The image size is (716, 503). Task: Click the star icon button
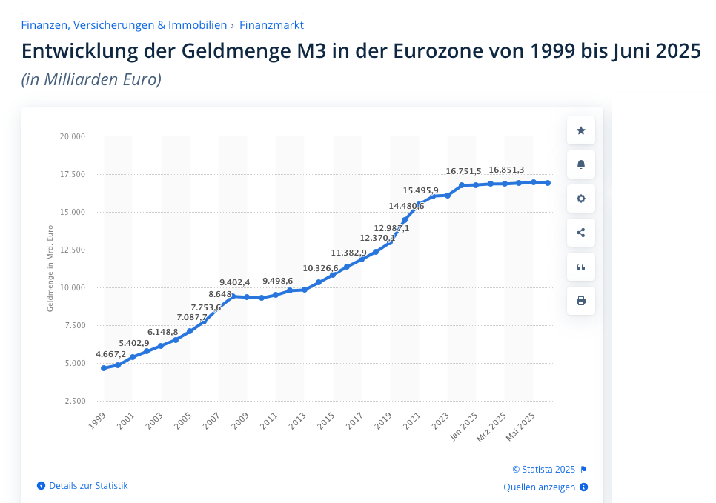[x=580, y=130]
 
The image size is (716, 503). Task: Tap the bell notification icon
[x=580, y=164]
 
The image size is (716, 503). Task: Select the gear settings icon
[x=580, y=199]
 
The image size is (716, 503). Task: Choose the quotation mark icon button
[x=580, y=267]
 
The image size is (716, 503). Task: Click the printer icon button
[x=580, y=301]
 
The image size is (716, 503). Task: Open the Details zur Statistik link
[x=88, y=486]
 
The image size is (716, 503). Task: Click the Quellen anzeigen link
[x=540, y=487]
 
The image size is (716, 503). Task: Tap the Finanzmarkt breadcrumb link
[x=271, y=25]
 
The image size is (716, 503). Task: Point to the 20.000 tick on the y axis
[x=72, y=136]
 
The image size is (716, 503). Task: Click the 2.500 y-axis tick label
[x=74, y=401]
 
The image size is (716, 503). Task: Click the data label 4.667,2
[x=111, y=354]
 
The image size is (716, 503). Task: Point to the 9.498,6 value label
[x=277, y=281]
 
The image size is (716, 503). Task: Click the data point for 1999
[x=104, y=368]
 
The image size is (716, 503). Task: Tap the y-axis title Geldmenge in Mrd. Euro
[x=50, y=269]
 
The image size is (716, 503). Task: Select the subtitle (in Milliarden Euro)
[x=91, y=79]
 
